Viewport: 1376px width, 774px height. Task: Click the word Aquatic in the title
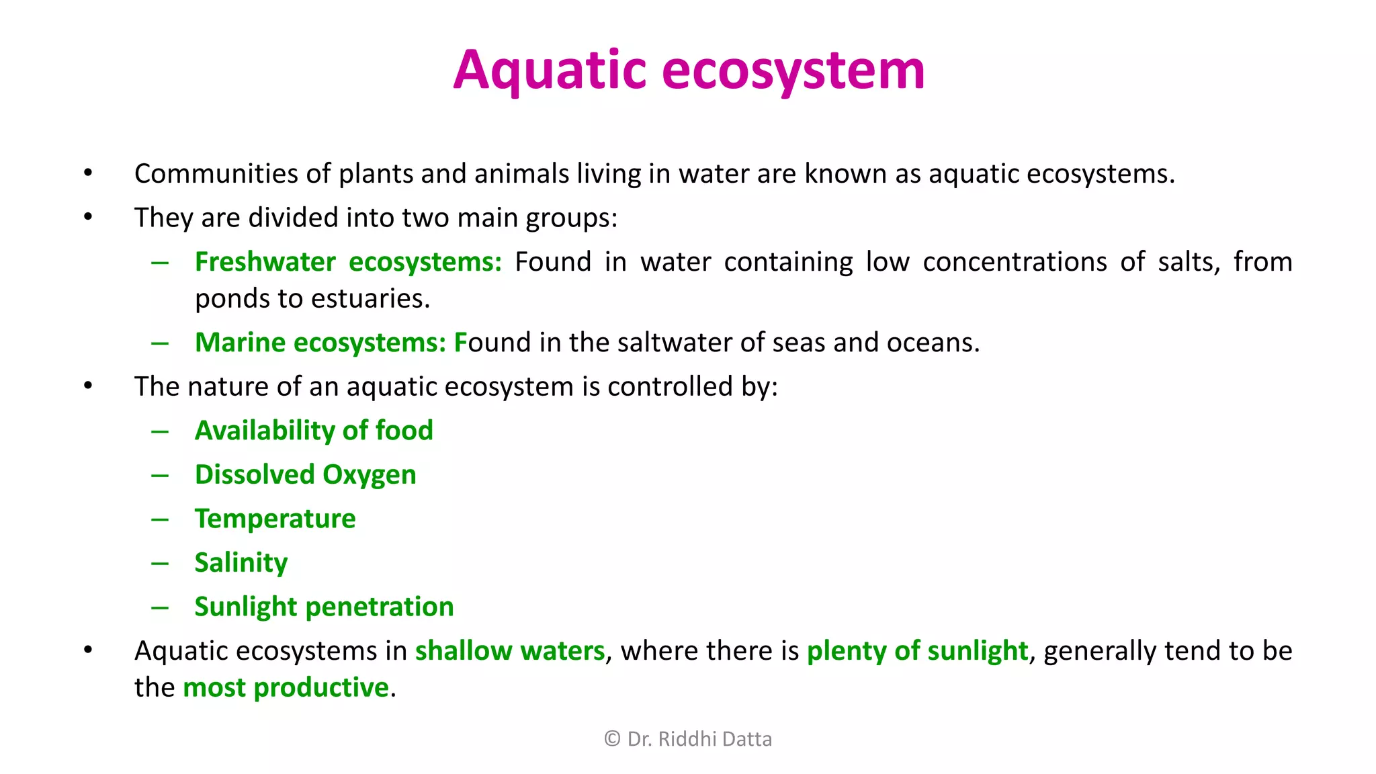[550, 71]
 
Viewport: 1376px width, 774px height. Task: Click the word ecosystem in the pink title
[793, 71]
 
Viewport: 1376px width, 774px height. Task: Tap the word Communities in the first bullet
[216, 174]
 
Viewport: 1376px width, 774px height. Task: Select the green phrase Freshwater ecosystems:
[348, 262]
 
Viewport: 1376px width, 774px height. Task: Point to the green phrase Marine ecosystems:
[320, 343]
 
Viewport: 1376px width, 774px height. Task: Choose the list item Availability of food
[314, 431]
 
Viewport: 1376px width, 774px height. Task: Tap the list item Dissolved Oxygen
[305, 475]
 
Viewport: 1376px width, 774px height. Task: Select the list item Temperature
[275, 519]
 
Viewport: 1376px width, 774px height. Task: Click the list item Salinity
[241, 563]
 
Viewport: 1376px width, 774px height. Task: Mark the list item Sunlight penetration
[324, 607]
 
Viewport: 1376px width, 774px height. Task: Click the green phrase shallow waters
[510, 651]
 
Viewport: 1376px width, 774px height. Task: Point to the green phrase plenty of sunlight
[917, 651]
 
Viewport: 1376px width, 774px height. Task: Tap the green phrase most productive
[286, 688]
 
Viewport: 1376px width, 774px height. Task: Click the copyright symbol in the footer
[612, 739]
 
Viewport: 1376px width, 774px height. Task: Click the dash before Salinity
[160, 563]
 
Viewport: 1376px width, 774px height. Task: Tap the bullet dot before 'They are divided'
[88, 218]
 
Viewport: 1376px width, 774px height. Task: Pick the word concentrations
[1015, 262]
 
